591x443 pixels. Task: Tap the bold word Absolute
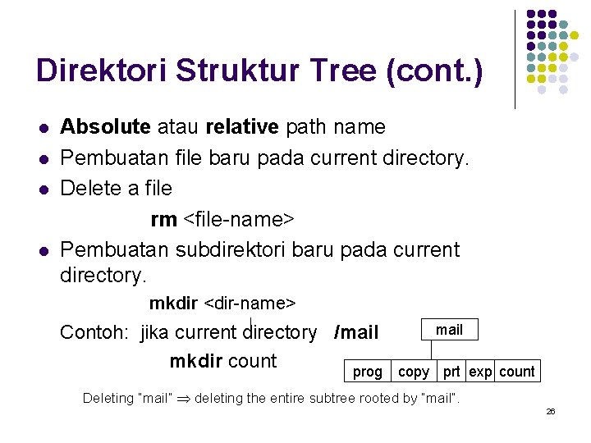coord(106,127)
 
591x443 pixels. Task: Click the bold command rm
coord(163,219)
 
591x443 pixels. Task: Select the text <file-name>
coord(238,219)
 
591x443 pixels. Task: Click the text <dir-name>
coord(249,304)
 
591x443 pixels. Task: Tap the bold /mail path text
coord(356,332)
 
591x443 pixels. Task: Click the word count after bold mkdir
coord(254,361)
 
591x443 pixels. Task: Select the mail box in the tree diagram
coord(449,330)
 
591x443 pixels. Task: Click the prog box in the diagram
coord(367,372)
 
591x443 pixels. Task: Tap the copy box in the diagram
coord(414,372)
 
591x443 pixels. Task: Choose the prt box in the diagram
coord(451,372)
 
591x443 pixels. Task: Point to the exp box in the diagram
coord(480,372)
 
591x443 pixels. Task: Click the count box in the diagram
coord(517,372)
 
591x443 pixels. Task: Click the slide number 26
coord(551,411)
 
